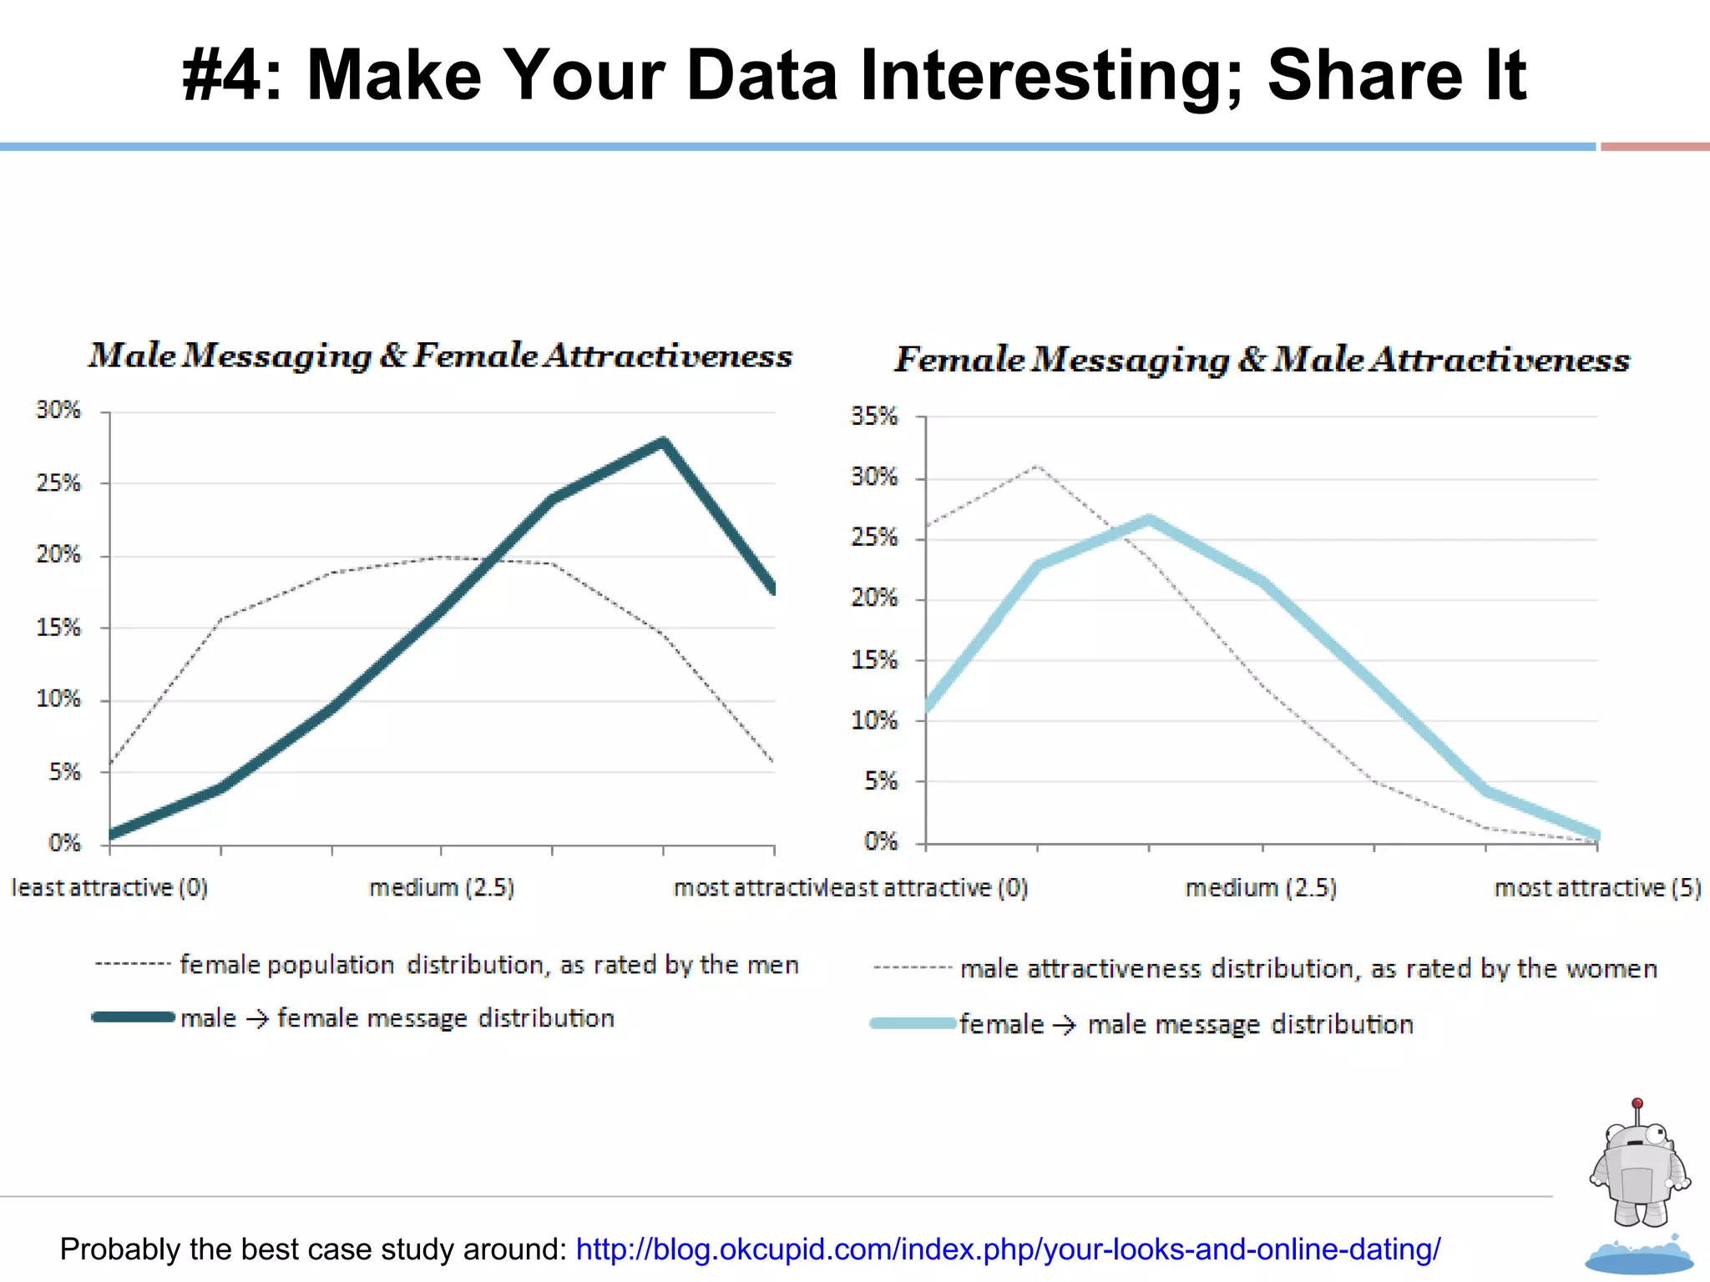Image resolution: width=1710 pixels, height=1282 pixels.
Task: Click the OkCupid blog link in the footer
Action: [x=1008, y=1249]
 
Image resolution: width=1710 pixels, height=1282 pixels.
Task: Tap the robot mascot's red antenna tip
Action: [x=1637, y=1103]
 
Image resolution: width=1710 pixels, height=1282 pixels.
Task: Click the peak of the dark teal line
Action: [x=663, y=442]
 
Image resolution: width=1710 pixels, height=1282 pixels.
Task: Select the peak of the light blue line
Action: [x=1149, y=520]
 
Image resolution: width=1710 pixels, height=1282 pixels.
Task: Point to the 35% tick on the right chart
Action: [x=873, y=416]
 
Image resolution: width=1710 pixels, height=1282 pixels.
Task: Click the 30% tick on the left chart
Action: [x=58, y=410]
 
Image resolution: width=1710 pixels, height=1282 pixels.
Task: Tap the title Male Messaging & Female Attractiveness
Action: [x=441, y=356]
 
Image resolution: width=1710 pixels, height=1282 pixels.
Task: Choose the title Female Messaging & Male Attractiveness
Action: [x=1262, y=360]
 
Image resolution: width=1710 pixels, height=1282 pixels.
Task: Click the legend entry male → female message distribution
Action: [x=397, y=1018]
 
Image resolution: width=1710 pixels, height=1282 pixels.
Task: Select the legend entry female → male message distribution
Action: [x=1186, y=1024]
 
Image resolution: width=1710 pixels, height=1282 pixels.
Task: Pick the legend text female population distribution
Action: [x=489, y=965]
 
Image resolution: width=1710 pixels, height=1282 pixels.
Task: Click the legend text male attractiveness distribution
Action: [x=1308, y=969]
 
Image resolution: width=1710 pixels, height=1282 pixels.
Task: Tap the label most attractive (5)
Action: [x=1596, y=887]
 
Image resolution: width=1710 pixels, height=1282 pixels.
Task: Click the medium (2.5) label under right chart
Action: [x=1261, y=887]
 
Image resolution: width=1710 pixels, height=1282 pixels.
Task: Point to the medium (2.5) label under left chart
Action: [x=442, y=887]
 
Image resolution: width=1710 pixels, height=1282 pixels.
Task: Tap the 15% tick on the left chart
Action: [x=58, y=628]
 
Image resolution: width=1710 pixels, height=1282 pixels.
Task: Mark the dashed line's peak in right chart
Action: [x=1036, y=466]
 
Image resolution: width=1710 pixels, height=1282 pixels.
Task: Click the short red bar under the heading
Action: [x=1654, y=147]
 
